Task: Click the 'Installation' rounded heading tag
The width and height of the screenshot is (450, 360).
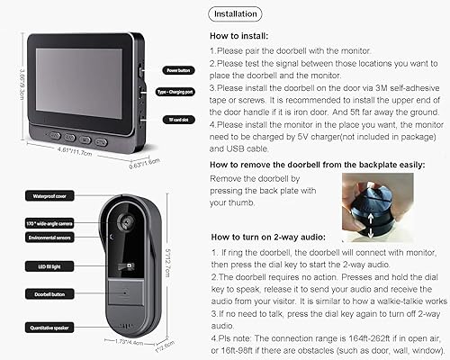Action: tap(237, 14)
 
